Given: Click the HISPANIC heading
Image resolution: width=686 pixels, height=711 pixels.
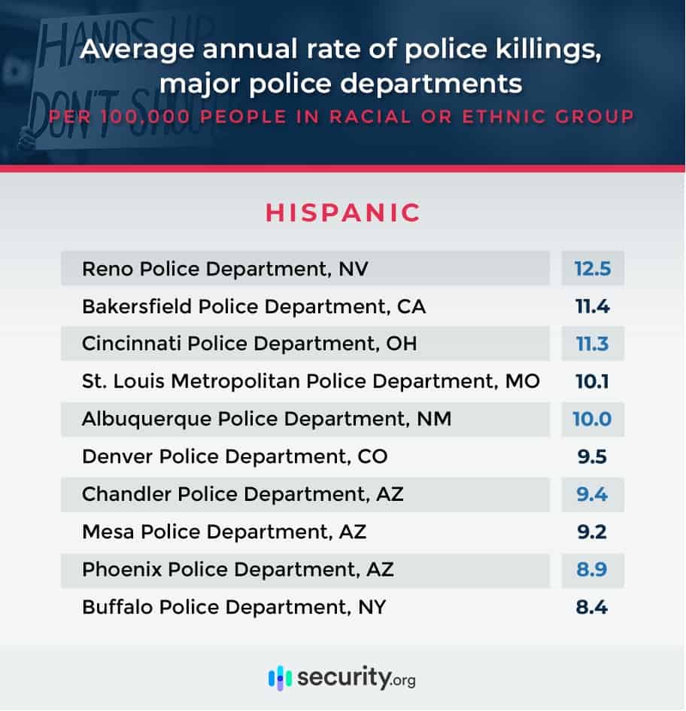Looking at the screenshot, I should pos(342,212).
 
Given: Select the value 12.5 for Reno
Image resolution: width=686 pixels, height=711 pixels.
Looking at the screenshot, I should pos(592,269).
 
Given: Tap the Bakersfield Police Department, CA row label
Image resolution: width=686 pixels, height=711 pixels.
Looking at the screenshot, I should pos(253,307).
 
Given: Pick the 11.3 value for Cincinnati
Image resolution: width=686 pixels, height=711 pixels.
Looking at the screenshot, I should pos(592,344).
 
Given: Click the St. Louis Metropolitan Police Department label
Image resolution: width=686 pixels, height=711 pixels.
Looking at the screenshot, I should pos(311,381).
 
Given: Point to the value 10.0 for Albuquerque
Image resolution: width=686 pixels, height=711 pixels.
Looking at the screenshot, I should pos(592,419).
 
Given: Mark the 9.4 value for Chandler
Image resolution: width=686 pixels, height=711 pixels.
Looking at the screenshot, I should pos(592,494).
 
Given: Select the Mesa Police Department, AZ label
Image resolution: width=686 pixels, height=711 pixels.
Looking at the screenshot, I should pos(224,532).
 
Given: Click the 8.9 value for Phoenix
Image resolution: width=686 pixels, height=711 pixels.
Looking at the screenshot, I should pos(592,569).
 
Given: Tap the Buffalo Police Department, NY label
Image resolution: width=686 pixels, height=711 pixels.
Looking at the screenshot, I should pos(234,606).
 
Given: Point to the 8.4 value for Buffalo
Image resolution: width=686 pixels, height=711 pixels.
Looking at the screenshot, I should pos(592,606).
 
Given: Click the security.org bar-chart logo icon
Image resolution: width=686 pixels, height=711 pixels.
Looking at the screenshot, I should pos(280,677).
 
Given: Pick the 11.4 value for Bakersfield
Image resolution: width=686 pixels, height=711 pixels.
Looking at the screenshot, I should pos(592,307).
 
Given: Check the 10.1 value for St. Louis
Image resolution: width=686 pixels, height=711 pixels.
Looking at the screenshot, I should pos(592,381).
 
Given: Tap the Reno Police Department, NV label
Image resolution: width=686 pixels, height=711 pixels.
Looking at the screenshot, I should pos(225,269).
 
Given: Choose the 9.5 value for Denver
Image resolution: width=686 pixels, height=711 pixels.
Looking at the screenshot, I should pos(592,456).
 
